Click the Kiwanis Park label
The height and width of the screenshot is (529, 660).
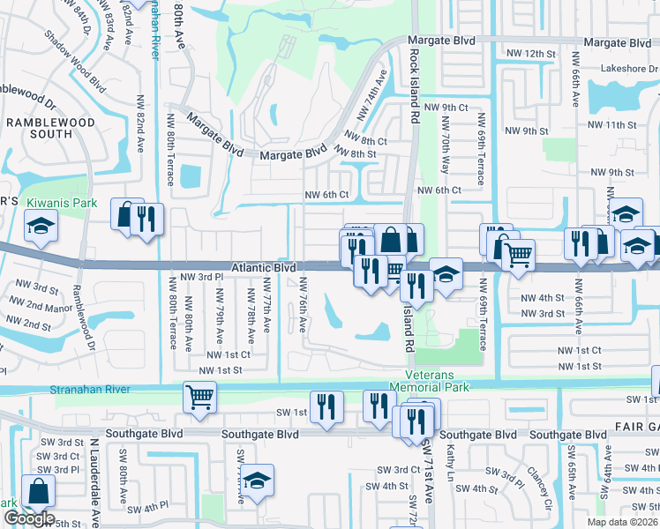[x=61, y=203]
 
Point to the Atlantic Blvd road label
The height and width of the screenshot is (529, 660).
[x=263, y=266]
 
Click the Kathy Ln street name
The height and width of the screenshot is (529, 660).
[x=450, y=458]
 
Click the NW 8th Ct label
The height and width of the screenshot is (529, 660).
[x=366, y=140]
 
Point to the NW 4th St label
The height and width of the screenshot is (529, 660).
[x=542, y=298]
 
